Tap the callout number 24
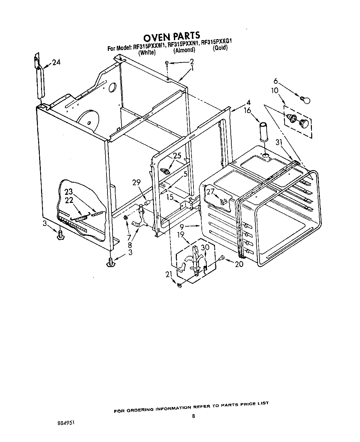point(56,62)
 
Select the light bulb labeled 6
point(306,100)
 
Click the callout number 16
point(247,111)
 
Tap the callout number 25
point(177,156)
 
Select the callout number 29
point(137,183)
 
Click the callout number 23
point(69,192)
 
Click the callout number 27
point(210,192)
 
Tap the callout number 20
point(239,264)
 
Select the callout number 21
point(169,274)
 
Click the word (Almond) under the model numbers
point(184,50)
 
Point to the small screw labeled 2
point(167,64)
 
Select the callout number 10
point(275,91)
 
